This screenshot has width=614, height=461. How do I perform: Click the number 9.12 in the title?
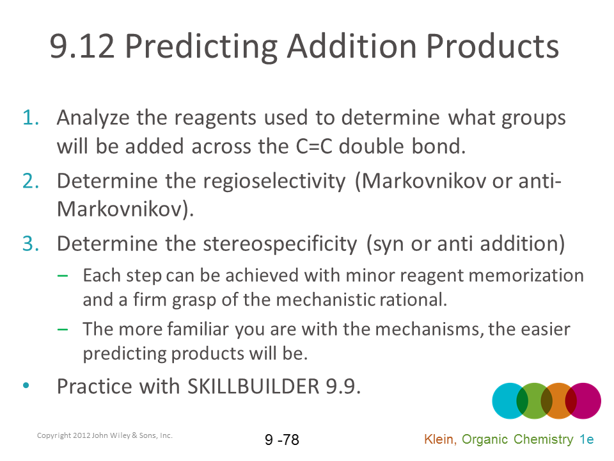pyautogui.click(x=83, y=46)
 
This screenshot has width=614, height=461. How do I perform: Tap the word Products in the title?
pyautogui.click(x=492, y=46)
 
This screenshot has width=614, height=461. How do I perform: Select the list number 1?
pyautogui.click(x=31, y=118)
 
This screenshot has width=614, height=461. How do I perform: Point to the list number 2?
pyautogui.click(x=31, y=181)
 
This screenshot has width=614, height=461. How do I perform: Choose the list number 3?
pyautogui.click(x=31, y=243)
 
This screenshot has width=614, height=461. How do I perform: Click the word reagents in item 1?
pyautogui.click(x=215, y=118)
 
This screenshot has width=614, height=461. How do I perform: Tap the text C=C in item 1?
pyautogui.click(x=314, y=146)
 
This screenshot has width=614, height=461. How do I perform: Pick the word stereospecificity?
pyautogui.click(x=280, y=244)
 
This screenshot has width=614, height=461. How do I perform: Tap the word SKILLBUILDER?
pyautogui.click(x=253, y=387)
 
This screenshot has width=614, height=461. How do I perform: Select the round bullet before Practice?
pyautogui.click(x=26, y=385)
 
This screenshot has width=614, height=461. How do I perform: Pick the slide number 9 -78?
pyautogui.click(x=282, y=439)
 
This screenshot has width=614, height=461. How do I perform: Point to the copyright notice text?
pyautogui.click(x=104, y=435)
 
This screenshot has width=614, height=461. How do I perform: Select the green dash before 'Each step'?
pyautogui.click(x=62, y=275)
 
